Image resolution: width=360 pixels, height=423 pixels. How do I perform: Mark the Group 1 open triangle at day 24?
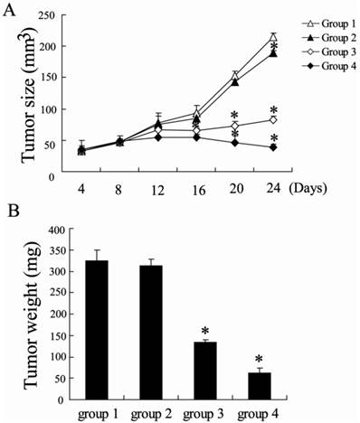(272, 37)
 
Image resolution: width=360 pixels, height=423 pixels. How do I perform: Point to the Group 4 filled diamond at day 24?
(272, 147)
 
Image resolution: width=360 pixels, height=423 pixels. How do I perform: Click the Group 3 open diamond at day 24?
(272, 119)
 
